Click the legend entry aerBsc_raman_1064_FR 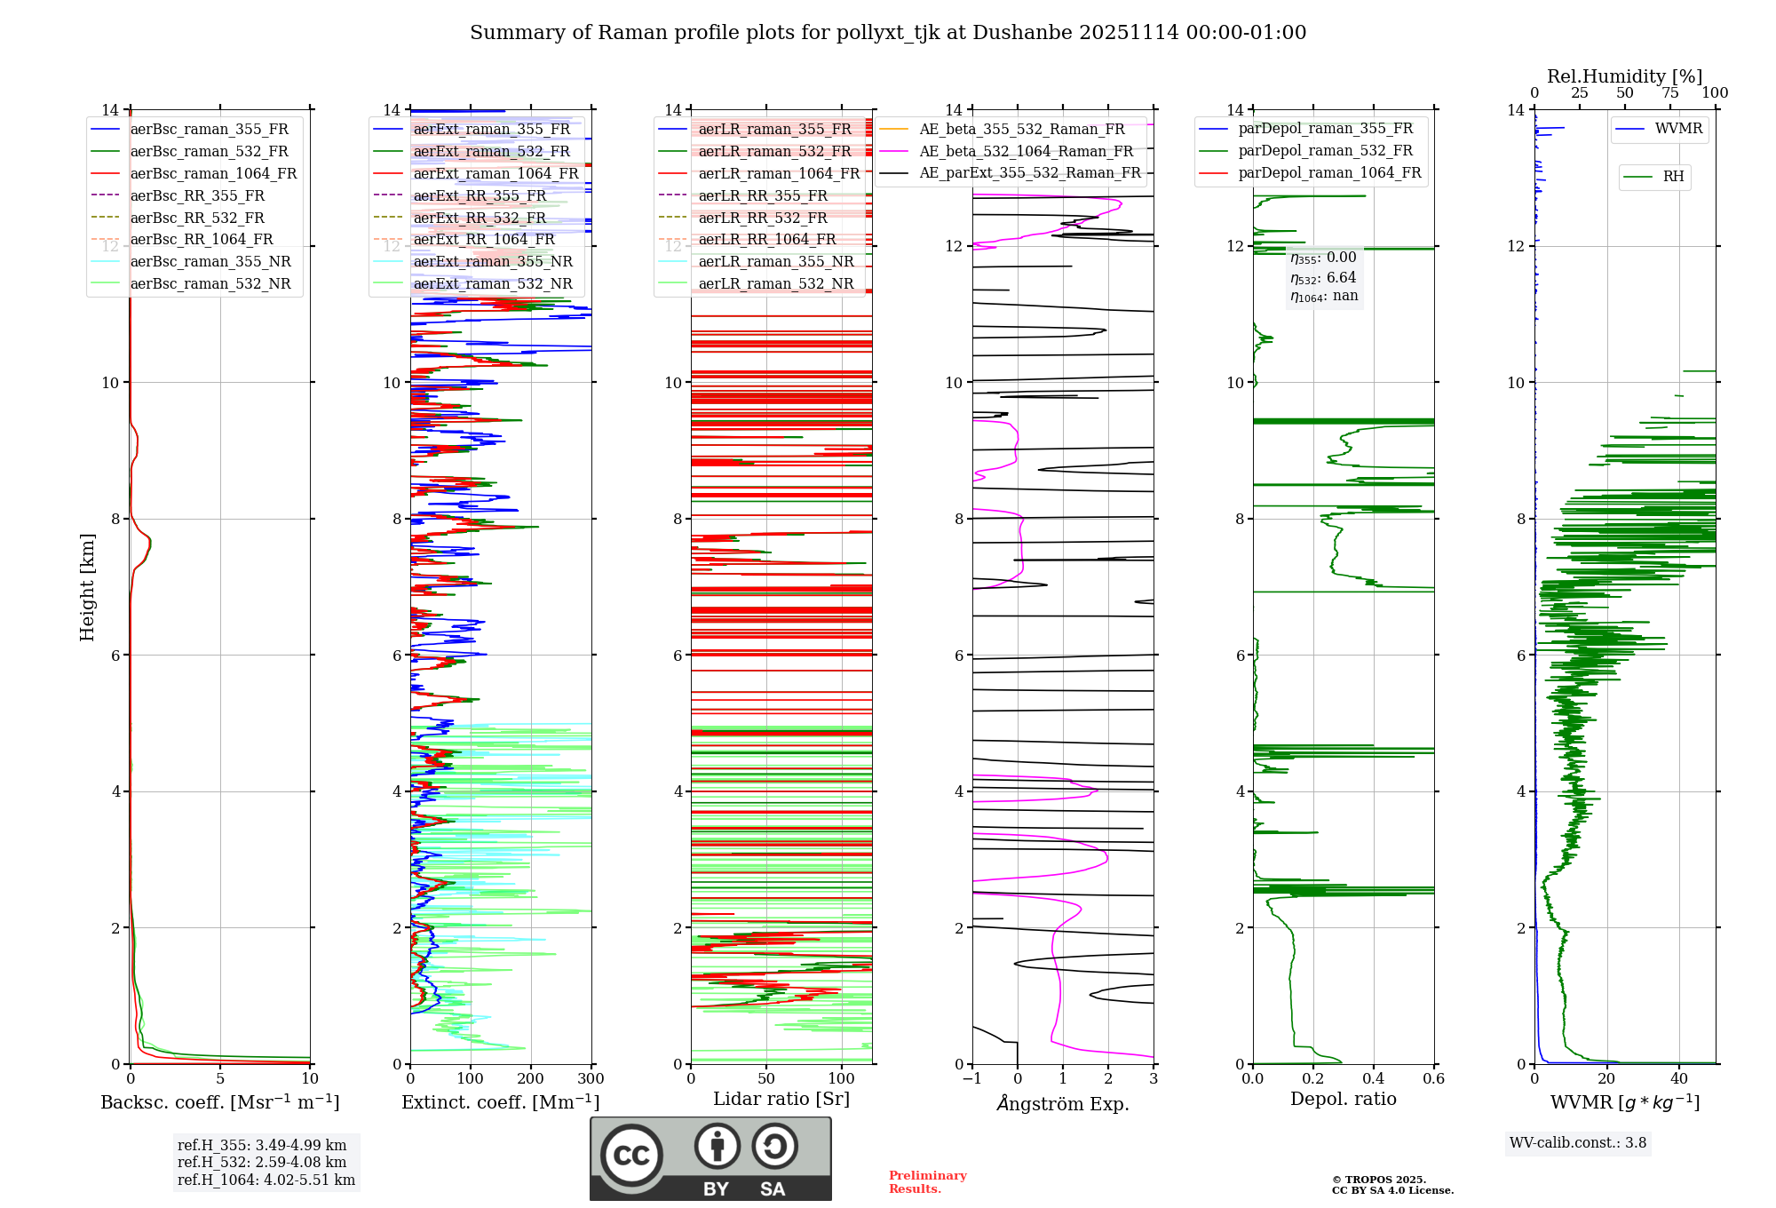click(x=213, y=173)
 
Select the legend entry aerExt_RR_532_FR click(x=480, y=218)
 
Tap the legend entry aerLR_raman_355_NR click(x=775, y=261)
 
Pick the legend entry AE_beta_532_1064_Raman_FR click(x=1026, y=151)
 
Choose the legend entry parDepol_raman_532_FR click(x=1325, y=151)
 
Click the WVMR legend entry click(x=1677, y=129)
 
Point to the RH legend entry click(x=1672, y=177)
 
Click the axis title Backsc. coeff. click(x=219, y=1102)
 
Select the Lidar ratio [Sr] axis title click(x=781, y=1099)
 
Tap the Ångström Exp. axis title click(x=1063, y=1104)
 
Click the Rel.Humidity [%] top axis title click(x=1624, y=76)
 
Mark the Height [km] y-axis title click(x=87, y=586)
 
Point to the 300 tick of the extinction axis click(x=591, y=1079)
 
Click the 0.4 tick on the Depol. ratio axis click(x=1373, y=1079)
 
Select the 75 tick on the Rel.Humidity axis click(x=1670, y=93)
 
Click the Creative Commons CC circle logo click(x=631, y=1155)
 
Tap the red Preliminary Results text click(x=927, y=1182)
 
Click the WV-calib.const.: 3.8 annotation click(x=1578, y=1143)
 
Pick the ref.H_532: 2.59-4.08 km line click(x=262, y=1162)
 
